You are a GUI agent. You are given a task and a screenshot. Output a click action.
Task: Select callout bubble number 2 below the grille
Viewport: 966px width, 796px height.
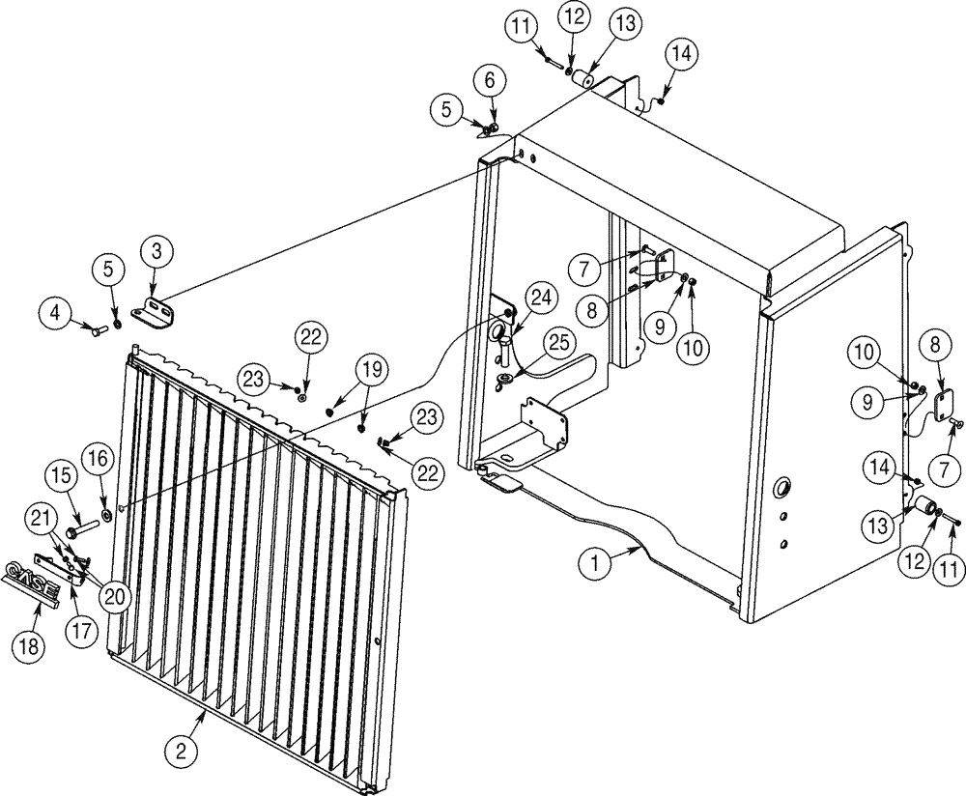tap(181, 748)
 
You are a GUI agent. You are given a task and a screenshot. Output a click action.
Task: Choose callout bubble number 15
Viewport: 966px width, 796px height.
tap(61, 476)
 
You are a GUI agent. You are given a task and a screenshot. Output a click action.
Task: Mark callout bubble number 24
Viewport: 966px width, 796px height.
tap(539, 298)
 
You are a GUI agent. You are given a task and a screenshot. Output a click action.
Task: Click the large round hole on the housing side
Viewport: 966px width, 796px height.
tap(781, 483)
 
